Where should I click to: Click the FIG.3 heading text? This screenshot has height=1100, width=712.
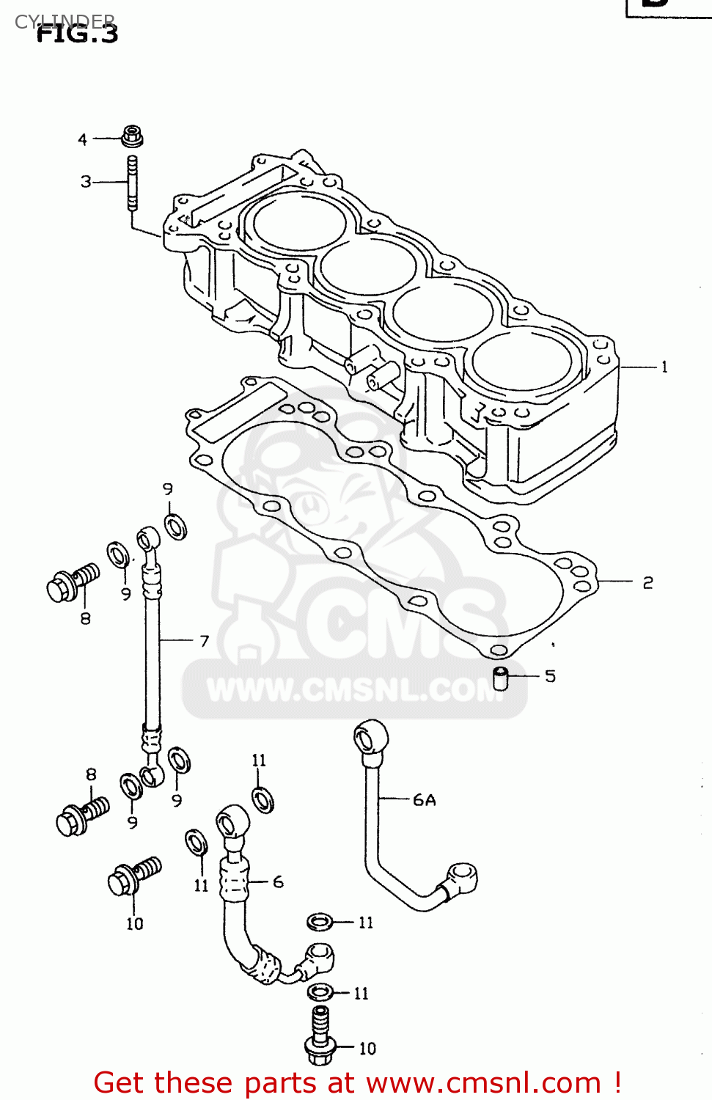tap(77, 34)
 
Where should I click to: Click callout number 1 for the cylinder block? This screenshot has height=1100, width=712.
tap(664, 367)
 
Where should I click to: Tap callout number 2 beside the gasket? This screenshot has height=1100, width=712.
tap(647, 583)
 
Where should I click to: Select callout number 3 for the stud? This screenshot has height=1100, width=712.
tap(86, 181)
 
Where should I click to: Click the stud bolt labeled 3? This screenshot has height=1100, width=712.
tap(133, 183)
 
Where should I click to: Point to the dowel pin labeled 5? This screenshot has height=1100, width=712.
tap(501, 678)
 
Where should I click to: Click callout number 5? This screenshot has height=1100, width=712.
tap(550, 676)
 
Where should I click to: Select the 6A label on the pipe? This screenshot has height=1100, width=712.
tap(424, 800)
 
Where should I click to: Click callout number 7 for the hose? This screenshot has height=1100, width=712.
tap(205, 641)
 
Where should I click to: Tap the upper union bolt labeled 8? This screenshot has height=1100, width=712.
tap(71, 582)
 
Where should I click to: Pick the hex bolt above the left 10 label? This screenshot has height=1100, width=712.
tap(132, 876)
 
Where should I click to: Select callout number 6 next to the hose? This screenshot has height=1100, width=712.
tap(278, 882)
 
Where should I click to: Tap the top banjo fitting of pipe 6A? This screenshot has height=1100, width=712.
tap(370, 737)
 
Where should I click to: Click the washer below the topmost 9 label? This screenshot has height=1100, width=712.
tap(175, 526)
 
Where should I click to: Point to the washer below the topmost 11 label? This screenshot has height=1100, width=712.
tap(263, 799)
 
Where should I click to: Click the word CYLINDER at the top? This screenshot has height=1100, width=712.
tap(65, 21)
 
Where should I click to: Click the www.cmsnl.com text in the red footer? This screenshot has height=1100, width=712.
tap(484, 1083)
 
